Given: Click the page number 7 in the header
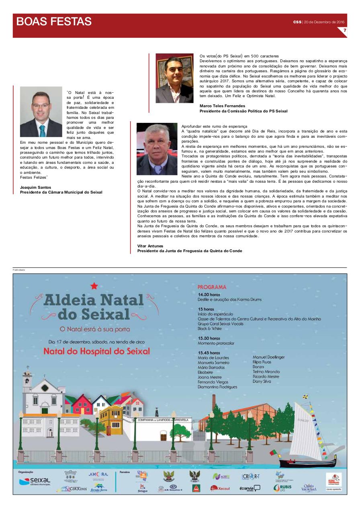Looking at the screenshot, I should (x=344, y=31).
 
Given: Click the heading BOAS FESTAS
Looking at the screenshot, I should (x=54, y=21).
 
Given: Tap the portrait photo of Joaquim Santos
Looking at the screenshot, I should (x=41, y=112).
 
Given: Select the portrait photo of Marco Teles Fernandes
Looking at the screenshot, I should (x=174, y=78).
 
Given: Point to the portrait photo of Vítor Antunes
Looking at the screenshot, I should (x=157, y=149).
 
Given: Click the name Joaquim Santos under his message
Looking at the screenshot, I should (x=34, y=188).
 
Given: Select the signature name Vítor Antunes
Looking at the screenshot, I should (x=151, y=246).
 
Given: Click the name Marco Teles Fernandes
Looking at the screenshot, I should (x=222, y=106).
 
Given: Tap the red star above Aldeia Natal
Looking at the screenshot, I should (x=94, y=286).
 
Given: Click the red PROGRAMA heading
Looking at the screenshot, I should (x=212, y=287).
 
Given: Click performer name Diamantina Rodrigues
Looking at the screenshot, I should (x=217, y=387).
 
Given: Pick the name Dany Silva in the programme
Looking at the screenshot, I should (x=262, y=381).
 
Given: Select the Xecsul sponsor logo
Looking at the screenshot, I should (x=220, y=488).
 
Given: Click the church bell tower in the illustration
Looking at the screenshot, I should (x=27, y=377).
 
